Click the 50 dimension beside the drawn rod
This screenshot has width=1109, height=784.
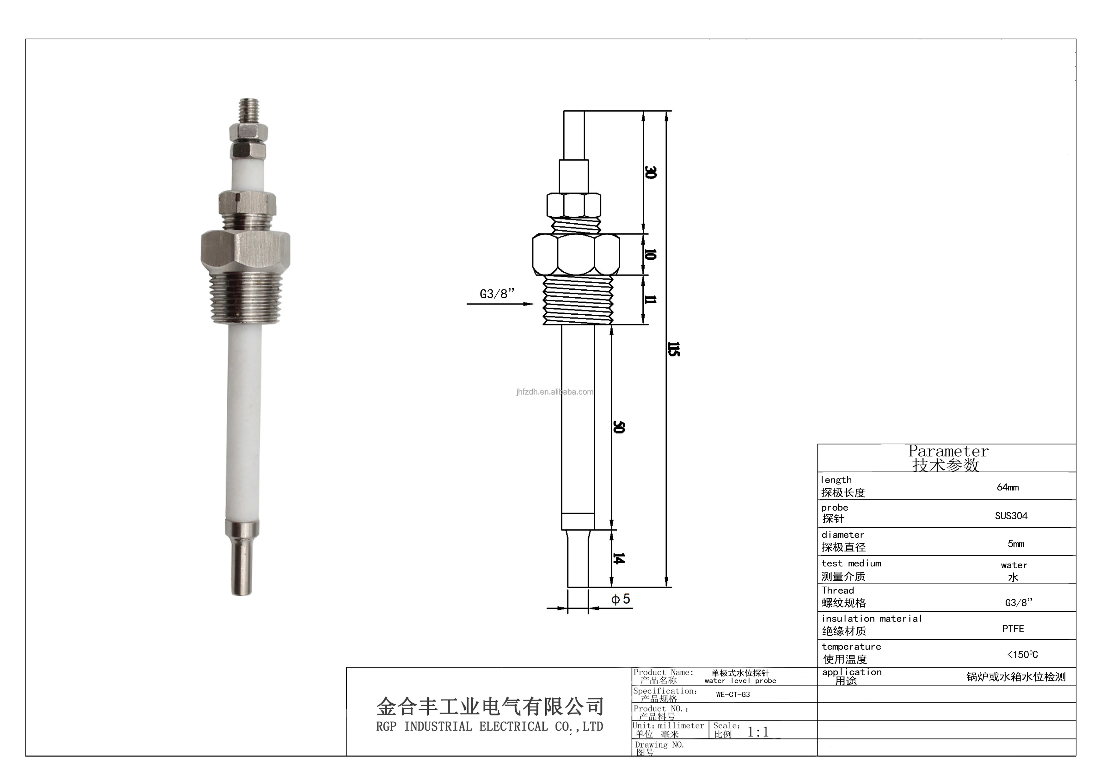click(619, 427)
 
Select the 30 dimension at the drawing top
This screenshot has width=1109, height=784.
click(651, 172)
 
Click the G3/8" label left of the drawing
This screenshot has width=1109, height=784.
click(497, 294)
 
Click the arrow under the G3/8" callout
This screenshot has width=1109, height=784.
click(500, 304)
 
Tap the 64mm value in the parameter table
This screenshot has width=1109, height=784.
click(1008, 487)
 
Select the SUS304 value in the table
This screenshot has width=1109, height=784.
click(1011, 516)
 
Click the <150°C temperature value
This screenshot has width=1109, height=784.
click(1022, 655)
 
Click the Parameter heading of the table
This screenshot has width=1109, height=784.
click(948, 452)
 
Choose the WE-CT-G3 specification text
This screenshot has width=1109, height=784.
click(733, 694)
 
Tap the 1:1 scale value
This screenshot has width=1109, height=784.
click(758, 732)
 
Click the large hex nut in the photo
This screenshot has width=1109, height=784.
click(245, 251)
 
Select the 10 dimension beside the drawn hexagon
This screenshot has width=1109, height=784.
click(651, 255)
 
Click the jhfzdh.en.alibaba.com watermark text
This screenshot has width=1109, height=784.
click(554, 392)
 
